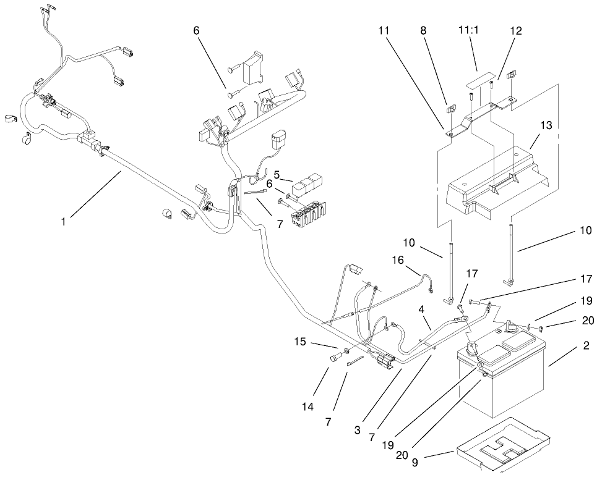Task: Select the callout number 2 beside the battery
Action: [585, 345]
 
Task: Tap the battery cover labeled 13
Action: [495, 185]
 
